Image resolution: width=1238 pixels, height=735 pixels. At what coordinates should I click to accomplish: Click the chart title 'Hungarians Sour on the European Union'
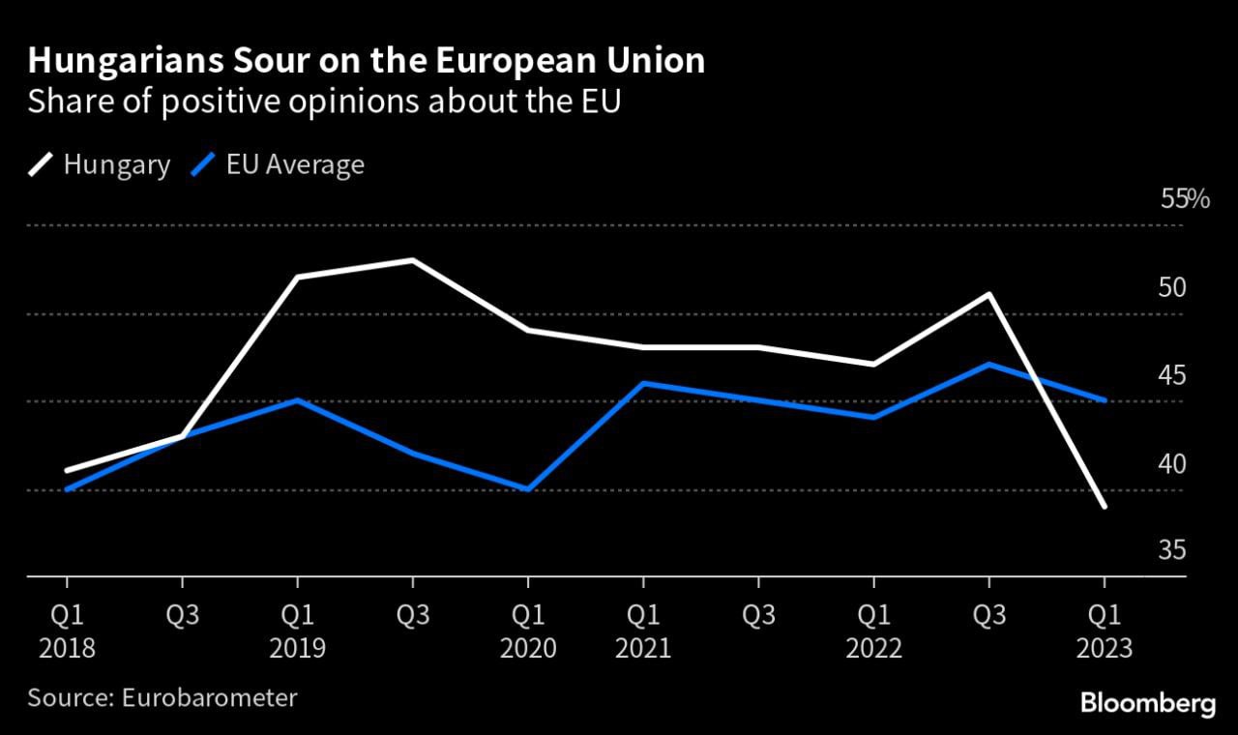point(366,62)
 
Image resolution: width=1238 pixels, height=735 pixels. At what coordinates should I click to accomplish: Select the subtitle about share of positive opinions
point(323,103)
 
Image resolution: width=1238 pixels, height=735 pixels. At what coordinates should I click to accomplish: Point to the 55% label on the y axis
point(1185,200)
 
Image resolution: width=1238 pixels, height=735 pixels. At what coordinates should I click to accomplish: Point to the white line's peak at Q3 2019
point(413,260)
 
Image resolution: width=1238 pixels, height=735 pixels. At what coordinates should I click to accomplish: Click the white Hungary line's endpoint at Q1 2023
point(1105,507)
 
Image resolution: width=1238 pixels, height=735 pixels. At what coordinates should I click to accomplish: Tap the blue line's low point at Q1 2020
point(528,489)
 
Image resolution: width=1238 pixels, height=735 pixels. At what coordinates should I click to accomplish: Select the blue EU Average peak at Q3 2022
point(988,365)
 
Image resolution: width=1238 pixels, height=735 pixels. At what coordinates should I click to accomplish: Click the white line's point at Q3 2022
point(988,294)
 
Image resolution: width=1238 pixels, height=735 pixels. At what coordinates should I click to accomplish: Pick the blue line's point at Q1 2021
point(643,383)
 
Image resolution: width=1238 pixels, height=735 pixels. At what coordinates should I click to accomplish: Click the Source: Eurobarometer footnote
point(162,697)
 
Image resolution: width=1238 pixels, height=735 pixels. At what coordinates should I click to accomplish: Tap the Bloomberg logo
point(1147,703)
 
